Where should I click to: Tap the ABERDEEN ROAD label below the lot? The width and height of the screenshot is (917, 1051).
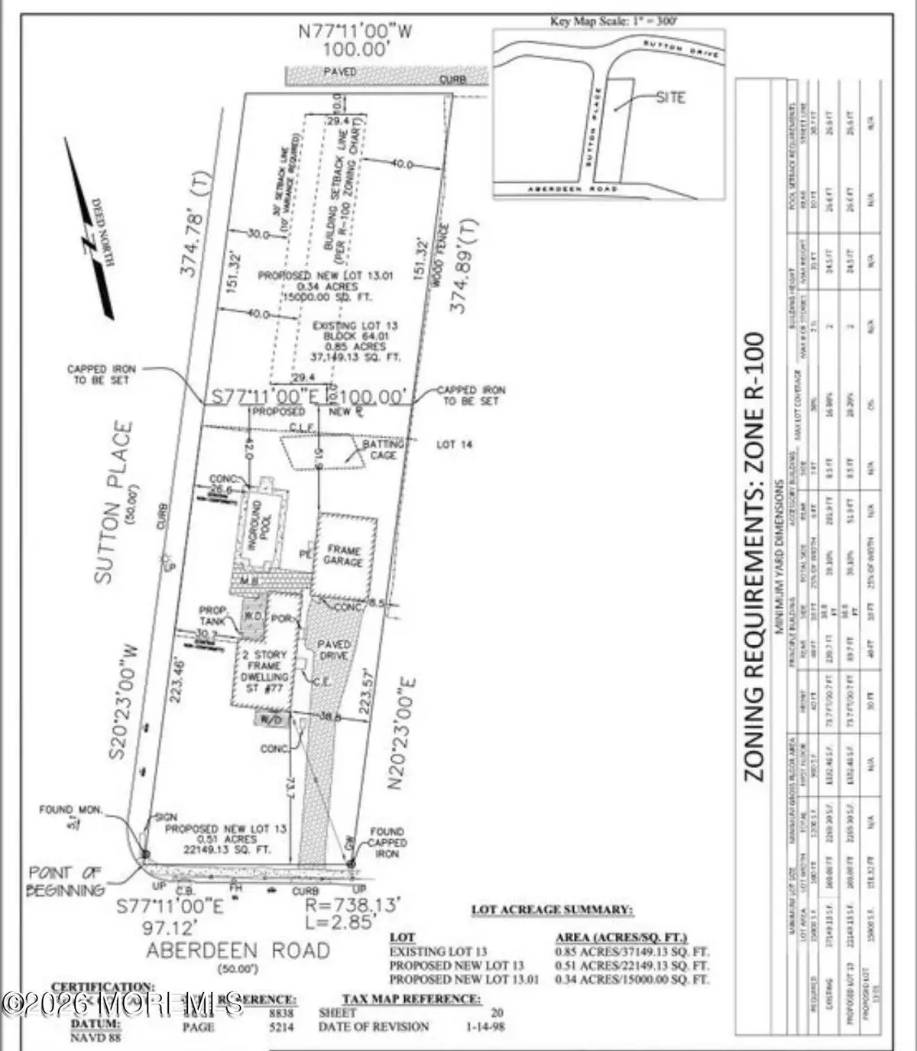(x=238, y=951)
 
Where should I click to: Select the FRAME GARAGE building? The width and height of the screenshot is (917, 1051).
(x=344, y=556)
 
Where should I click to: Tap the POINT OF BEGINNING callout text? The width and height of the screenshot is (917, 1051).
(x=66, y=881)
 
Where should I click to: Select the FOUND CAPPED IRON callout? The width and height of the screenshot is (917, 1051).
(x=387, y=842)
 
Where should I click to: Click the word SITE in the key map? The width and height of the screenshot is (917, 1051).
(x=670, y=98)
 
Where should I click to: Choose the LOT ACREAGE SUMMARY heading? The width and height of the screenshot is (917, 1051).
(x=551, y=910)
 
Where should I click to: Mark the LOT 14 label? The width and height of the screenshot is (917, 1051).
(x=455, y=444)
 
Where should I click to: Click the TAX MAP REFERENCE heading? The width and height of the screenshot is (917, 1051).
(x=410, y=998)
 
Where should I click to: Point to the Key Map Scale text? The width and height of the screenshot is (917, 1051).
(x=614, y=21)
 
